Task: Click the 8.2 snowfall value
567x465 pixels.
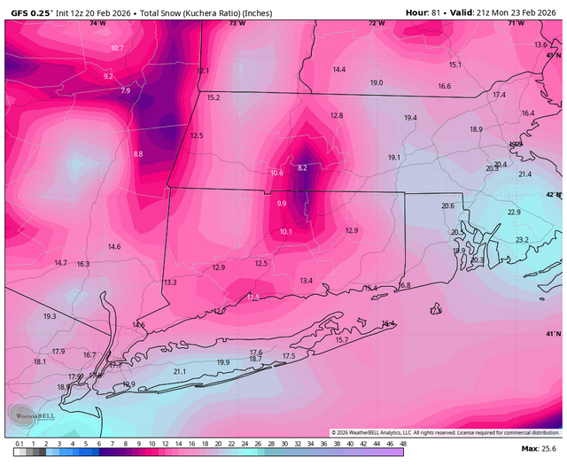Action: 302,167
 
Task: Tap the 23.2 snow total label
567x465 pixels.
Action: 522,240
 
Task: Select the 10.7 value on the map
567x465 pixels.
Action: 117,48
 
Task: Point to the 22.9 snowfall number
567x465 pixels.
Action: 514,213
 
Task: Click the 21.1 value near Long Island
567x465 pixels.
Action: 180,371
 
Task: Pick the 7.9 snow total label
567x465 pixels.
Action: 125,90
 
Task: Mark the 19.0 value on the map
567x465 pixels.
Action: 377,82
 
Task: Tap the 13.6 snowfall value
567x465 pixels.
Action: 540,44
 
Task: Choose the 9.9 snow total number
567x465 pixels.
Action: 282,204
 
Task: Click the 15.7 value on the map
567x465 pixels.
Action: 342,340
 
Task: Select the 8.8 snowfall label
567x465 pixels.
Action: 138,154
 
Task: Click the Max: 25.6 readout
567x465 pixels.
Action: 540,451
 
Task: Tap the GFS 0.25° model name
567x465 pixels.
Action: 29,12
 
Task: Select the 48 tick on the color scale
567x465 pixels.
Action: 402,443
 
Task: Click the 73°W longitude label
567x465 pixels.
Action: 237,24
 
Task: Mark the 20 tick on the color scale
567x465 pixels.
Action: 218,443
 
